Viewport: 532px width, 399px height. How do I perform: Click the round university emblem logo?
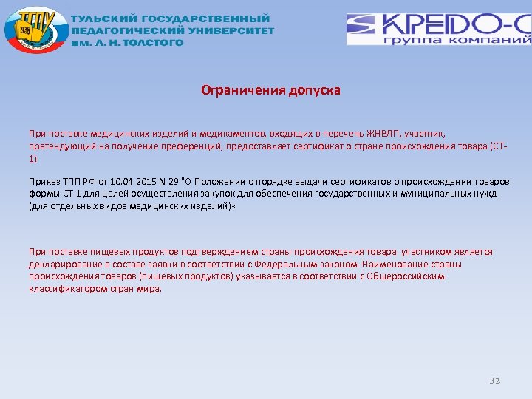coord(32,31)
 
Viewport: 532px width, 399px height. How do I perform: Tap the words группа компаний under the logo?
coord(457,41)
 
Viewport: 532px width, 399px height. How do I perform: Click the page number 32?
coord(495,381)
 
